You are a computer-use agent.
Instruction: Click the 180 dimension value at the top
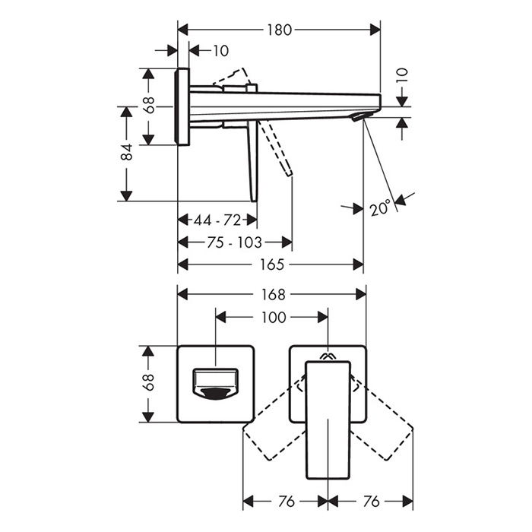pyautogui.click(x=279, y=30)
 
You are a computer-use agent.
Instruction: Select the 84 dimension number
pyautogui.click(x=127, y=152)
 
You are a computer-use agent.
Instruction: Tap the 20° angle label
pyautogui.click(x=380, y=207)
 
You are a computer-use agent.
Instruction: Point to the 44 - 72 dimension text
pyautogui.click(x=217, y=220)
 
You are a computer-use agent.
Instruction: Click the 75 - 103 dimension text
pyautogui.click(x=234, y=242)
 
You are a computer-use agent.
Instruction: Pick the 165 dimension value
pyautogui.click(x=271, y=264)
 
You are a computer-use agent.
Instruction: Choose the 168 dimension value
pyautogui.click(x=273, y=295)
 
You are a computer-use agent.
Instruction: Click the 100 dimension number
pyautogui.click(x=274, y=317)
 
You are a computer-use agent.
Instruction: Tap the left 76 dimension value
pyautogui.click(x=286, y=502)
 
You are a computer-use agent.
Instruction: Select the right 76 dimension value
pyautogui.click(x=371, y=502)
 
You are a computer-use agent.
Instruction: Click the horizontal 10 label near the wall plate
pyautogui.click(x=220, y=51)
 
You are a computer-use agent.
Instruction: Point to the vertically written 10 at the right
pyautogui.click(x=402, y=75)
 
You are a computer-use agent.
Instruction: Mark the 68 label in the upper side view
pyautogui.click(x=149, y=105)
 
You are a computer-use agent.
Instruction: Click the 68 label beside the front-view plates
pyautogui.click(x=149, y=382)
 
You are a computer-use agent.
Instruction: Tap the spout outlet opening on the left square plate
pyautogui.click(x=215, y=385)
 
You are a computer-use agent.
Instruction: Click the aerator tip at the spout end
pyautogui.click(x=362, y=117)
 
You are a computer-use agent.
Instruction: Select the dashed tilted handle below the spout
pyautogui.click(x=275, y=148)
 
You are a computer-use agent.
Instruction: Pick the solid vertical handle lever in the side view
pyautogui.click(x=253, y=161)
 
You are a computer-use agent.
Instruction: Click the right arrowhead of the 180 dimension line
pyautogui.click(x=375, y=30)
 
